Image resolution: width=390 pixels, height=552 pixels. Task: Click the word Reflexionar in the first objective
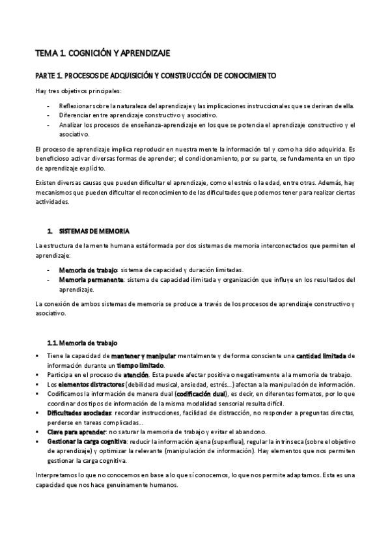pos(75,105)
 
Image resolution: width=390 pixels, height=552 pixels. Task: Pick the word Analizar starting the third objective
pos(71,124)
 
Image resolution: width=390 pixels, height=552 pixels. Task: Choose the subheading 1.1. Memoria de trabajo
pos(82,343)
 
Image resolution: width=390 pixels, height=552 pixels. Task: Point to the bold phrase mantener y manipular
pos(138,356)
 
